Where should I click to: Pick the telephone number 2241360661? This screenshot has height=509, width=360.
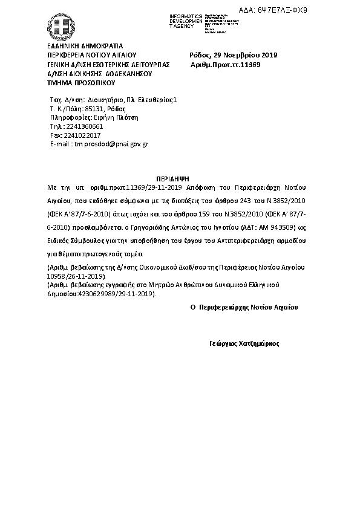point(84,126)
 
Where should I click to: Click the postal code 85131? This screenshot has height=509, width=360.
point(96,108)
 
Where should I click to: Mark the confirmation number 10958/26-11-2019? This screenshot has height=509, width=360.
point(75,275)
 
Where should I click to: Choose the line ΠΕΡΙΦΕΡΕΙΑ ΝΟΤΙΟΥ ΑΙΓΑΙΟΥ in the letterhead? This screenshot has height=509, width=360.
point(91,55)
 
